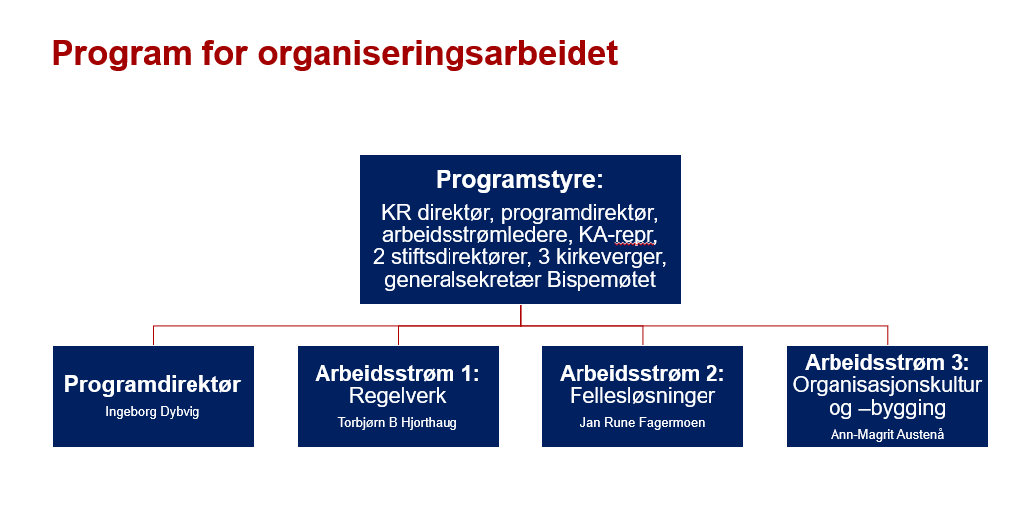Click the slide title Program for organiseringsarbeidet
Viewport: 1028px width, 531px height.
tap(334, 54)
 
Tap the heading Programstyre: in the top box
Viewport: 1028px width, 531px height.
tap(520, 179)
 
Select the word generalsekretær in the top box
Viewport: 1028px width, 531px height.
tap(462, 280)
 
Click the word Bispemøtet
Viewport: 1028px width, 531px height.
tap(602, 280)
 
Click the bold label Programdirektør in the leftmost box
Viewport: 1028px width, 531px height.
tap(153, 384)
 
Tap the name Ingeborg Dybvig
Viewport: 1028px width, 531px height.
tap(153, 412)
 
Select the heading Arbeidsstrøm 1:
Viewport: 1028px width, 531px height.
tap(397, 373)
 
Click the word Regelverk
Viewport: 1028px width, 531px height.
tap(397, 396)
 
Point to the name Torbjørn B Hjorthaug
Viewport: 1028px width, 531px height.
tap(397, 423)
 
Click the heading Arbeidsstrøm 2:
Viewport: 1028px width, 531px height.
tap(642, 373)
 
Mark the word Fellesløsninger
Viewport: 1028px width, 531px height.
tap(642, 396)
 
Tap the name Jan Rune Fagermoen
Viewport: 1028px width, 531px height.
tap(642, 423)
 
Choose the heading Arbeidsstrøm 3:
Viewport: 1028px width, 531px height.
tap(887, 362)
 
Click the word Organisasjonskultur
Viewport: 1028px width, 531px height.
tap(887, 385)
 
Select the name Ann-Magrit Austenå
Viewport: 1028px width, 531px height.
tap(887, 434)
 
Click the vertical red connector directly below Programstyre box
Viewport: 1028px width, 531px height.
tap(521, 315)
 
